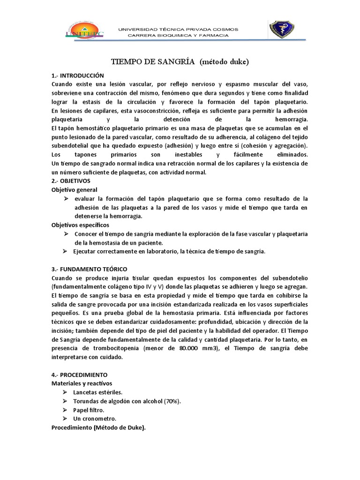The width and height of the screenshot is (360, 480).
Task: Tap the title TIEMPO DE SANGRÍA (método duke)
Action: coord(180,61)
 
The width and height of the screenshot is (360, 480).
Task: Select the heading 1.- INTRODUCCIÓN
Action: coord(77,75)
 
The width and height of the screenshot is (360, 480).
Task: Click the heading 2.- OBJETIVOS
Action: coord(71,181)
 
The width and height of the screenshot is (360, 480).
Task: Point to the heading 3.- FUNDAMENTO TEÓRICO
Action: coord(89,269)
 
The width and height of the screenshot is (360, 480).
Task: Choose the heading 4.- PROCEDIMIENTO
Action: coord(79,375)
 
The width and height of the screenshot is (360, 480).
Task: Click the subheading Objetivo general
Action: coord(74,190)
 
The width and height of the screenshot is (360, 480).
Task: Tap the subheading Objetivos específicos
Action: coord(80,225)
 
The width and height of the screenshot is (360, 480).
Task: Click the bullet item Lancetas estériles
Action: coord(97,392)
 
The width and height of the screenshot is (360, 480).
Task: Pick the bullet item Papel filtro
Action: coord(89,410)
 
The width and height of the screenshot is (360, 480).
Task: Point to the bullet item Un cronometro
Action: coord(95,419)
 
